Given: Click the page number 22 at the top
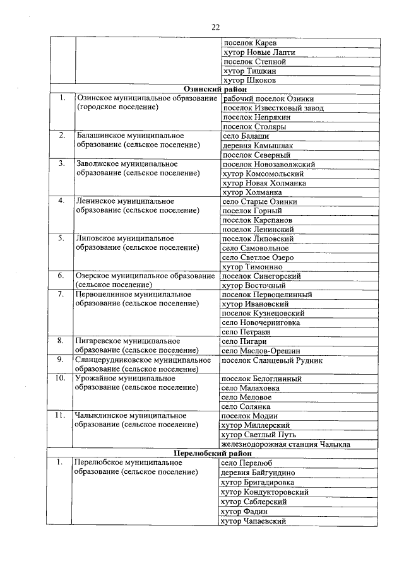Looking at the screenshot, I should [215, 26].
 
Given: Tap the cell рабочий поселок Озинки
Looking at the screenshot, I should [268, 99].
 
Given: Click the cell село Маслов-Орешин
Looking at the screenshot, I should [261, 351].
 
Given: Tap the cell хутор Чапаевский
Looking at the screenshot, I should [253, 521].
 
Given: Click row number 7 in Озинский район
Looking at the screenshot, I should [61, 295].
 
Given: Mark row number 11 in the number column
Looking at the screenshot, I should [61, 416].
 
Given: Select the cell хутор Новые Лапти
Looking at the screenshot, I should [259, 52].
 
